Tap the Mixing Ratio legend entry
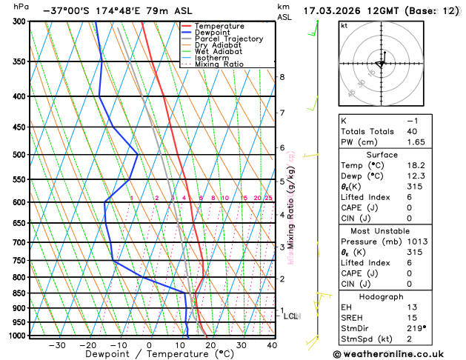click(219, 64)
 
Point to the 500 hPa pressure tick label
click(20, 155)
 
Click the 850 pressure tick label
click(20, 293)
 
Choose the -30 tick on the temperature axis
click(56, 345)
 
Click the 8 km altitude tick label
click(282, 77)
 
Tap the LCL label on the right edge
click(291, 316)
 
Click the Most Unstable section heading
click(383, 230)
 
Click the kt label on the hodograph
click(344, 25)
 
